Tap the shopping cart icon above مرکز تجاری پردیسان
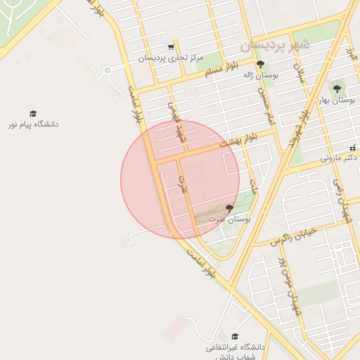click(171, 47)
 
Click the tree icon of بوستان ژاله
click(260, 64)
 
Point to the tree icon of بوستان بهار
click(337, 89)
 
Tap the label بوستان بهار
click(337, 101)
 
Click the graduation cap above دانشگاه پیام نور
click(32, 113)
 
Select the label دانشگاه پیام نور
click(32, 124)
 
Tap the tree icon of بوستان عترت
click(229, 208)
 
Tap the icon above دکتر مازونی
click(353, 148)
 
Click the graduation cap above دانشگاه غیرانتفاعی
click(235, 336)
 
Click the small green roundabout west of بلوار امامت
click(108, 70)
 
